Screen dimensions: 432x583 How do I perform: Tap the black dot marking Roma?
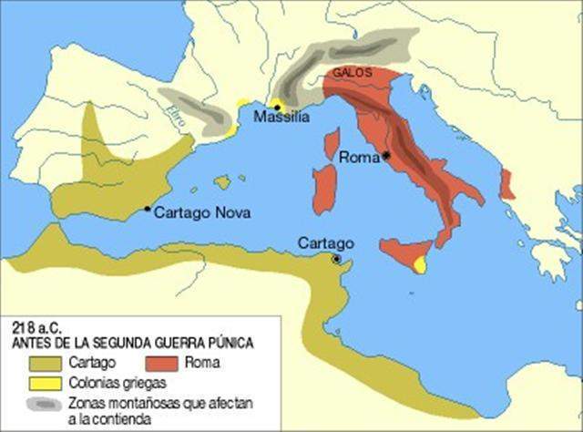[386, 156]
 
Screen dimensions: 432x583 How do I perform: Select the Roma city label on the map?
[359, 157]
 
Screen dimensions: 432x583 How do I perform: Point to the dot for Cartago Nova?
[148, 209]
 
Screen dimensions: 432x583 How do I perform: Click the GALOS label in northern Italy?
[351, 70]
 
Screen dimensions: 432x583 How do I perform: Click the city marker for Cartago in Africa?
[337, 259]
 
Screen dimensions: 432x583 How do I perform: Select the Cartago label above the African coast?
[325, 243]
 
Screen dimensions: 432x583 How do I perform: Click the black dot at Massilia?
[277, 107]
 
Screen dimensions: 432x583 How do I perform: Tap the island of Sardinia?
[324, 190]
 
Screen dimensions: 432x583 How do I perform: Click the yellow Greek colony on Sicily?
[421, 264]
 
